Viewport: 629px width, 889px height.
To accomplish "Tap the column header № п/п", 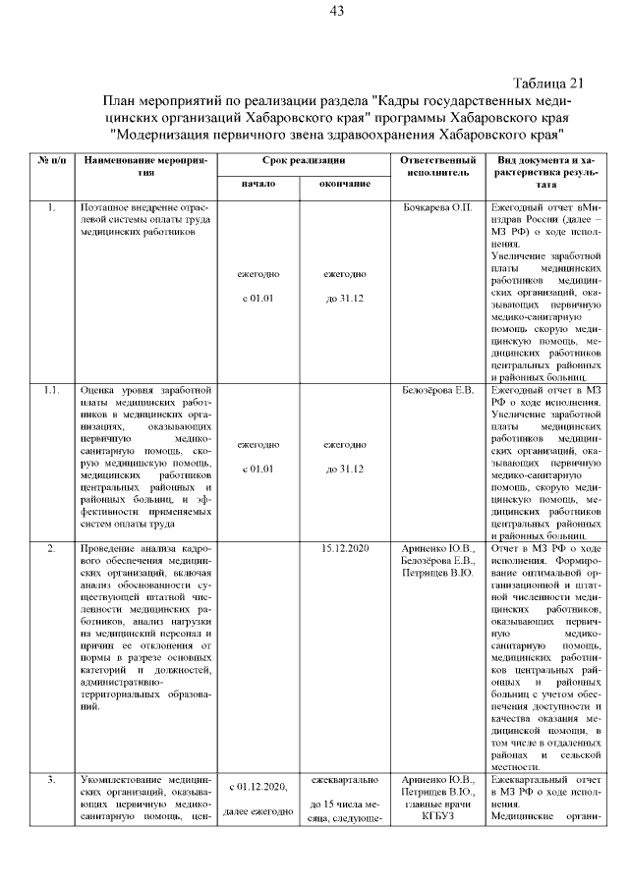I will [50, 159].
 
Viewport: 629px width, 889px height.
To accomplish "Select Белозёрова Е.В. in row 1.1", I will [438, 391].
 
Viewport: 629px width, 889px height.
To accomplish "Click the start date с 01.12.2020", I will [257, 786].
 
